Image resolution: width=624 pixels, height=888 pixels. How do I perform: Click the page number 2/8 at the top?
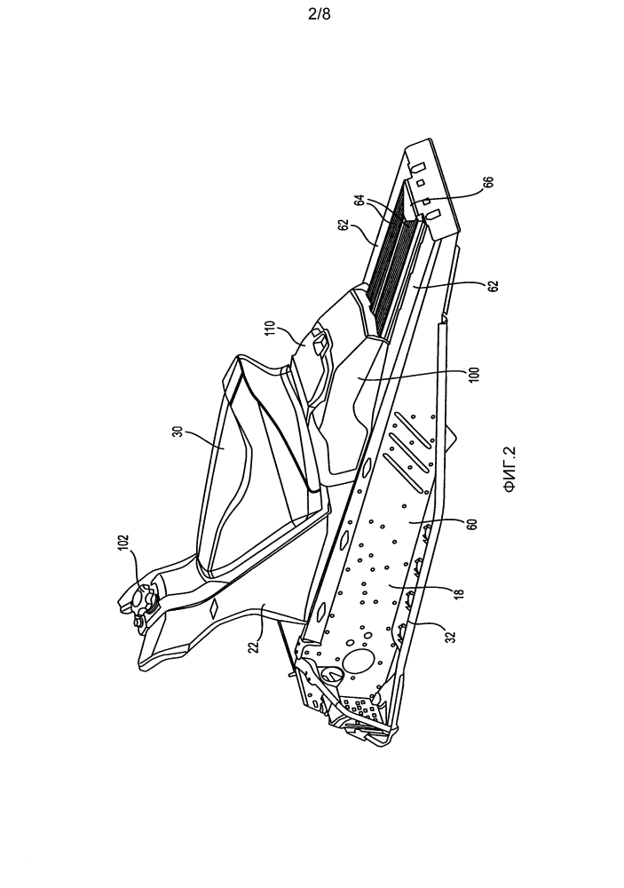point(319,15)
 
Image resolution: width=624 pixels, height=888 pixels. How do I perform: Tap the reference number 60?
point(474,522)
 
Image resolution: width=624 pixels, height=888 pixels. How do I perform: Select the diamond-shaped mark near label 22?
point(216,609)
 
